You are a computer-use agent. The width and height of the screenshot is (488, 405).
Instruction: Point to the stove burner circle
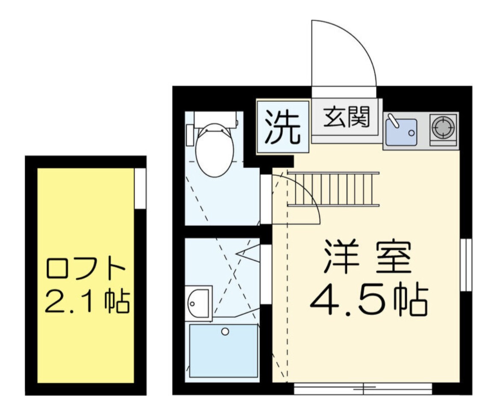[x=443, y=127]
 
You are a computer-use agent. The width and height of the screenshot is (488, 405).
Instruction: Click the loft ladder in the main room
[x=333, y=189]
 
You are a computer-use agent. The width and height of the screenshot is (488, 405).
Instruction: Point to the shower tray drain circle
[x=225, y=331]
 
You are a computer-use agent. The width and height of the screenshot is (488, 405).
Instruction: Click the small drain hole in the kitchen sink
[x=411, y=133]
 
